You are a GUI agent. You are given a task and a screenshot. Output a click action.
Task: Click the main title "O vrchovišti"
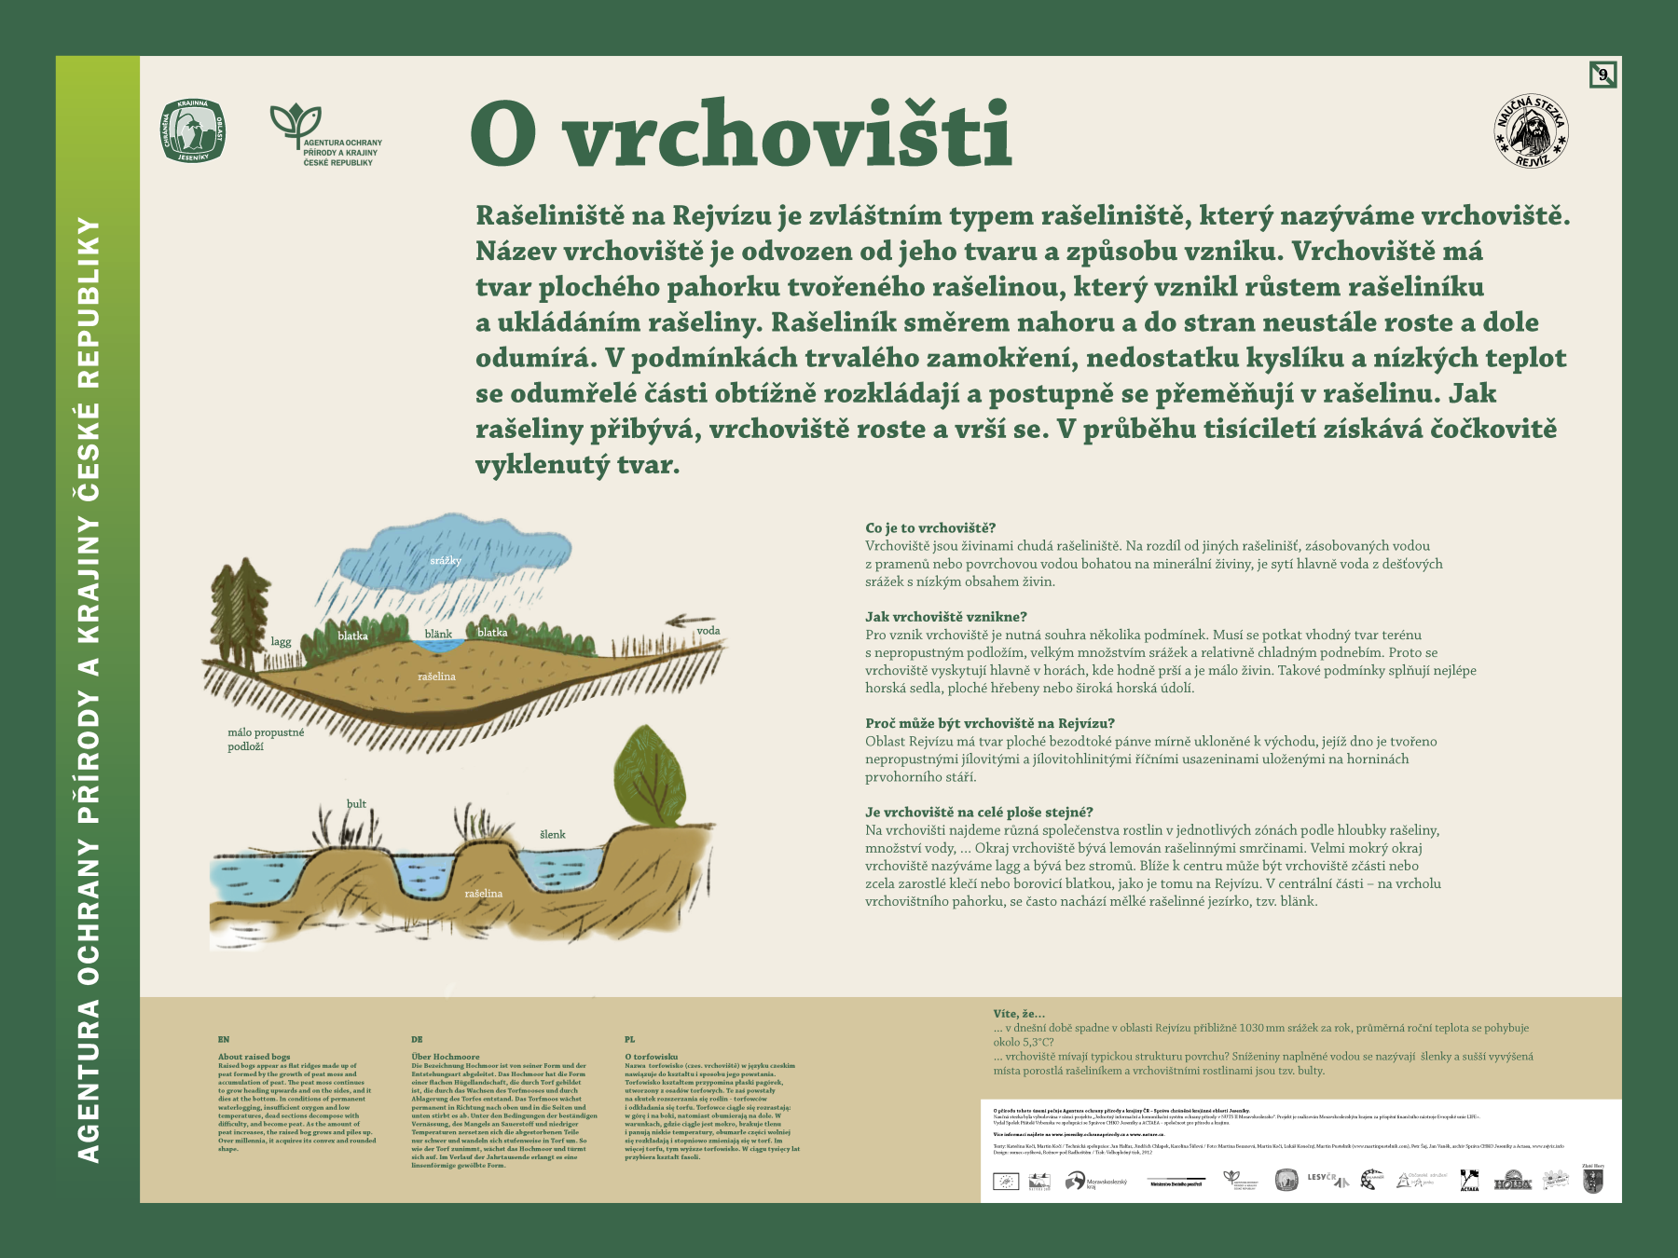(x=741, y=134)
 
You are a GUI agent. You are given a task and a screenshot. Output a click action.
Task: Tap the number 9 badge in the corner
(x=1602, y=75)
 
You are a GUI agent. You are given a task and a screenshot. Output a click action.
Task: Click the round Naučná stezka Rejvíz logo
(x=1531, y=131)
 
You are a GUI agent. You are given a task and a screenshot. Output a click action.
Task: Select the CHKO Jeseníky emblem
(x=193, y=130)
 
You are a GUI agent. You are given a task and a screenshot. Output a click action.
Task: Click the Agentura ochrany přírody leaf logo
(x=296, y=123)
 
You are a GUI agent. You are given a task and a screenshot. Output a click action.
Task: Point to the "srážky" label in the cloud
(x=446, y=560)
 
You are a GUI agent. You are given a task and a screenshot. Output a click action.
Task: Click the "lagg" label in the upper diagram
(x=281, y=642)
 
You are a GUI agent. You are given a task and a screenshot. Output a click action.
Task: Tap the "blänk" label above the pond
(x=438, y=634)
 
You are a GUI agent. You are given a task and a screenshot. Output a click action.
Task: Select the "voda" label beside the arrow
(x=708, y=631)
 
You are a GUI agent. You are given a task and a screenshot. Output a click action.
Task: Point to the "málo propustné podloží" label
(x=266, y=739)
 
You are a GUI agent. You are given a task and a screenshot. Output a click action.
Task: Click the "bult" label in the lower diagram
(x=356, y=803)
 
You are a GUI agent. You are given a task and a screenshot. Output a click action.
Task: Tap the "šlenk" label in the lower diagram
(x=553, y=834)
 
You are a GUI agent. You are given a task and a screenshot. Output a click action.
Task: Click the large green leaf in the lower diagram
(x=649, y=775)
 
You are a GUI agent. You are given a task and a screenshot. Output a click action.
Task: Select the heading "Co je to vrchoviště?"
(x=930, y=528)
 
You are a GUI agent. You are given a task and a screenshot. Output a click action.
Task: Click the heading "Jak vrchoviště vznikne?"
(x=945, y=617)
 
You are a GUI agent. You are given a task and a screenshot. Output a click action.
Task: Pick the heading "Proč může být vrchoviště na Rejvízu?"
(x=989, y=723)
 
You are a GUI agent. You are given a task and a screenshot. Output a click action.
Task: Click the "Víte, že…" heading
(x=1019, y=1014)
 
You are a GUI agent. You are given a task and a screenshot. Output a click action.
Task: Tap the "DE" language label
(x=417, y=1039)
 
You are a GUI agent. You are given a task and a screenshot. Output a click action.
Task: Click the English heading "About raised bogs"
(x=254, y=1057)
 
